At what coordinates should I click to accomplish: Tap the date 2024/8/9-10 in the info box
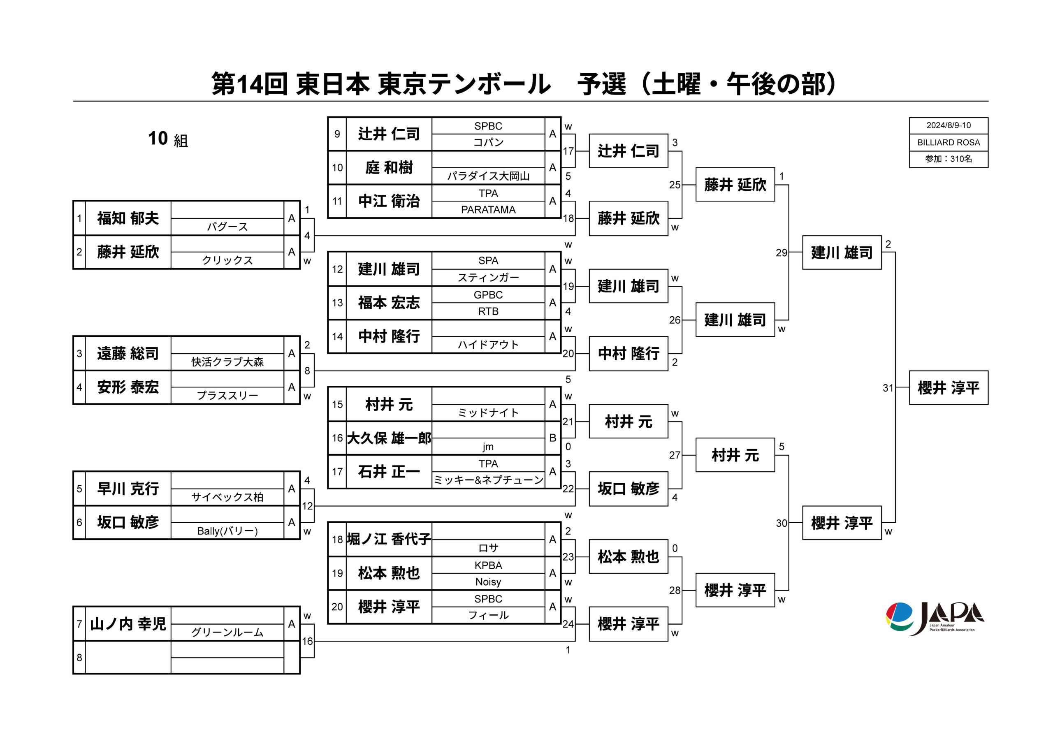point(948,125)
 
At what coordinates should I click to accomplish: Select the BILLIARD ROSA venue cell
point(948,142)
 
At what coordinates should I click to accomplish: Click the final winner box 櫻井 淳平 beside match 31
point(948,388)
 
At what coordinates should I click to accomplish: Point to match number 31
point(888,388)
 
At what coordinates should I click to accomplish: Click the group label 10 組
point(168,139)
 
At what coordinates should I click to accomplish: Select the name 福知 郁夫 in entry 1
point(128,218)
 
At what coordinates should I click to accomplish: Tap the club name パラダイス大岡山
point(488,176)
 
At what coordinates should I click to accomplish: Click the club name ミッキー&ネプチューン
point(488,480)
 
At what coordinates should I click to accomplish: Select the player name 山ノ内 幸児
point(128,624)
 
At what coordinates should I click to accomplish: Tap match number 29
point(781,253)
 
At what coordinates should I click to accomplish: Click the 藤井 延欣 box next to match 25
point(735,185)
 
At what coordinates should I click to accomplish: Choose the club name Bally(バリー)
point(227,531)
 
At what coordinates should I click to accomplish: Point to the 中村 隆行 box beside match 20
point(629,354)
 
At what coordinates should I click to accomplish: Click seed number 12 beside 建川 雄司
point(337,269)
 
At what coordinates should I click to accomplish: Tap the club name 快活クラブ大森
point(227,362)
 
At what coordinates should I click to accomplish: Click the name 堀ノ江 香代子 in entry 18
point(389,539)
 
